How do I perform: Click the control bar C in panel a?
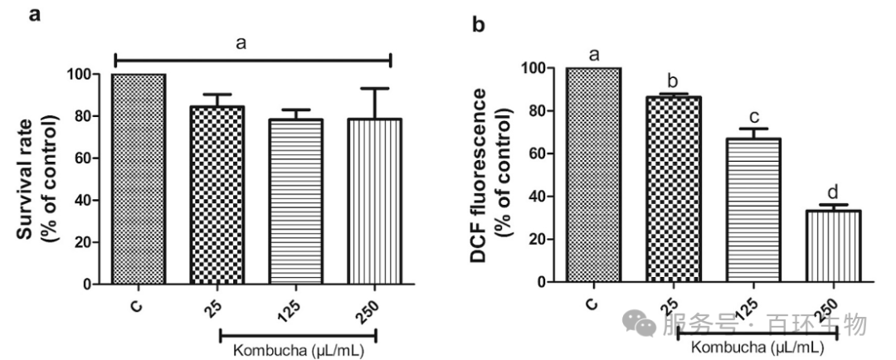pyautogui.click(x=139, y=179)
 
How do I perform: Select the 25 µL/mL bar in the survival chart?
pyautogui.click(x=218, y=195)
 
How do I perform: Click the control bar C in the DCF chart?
pyautogui.click(x=593, y=175)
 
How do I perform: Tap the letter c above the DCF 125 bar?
pyautogui.click(x=752, y=115)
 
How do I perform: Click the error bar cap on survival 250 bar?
pyautogui.click(x=376, y=89)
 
